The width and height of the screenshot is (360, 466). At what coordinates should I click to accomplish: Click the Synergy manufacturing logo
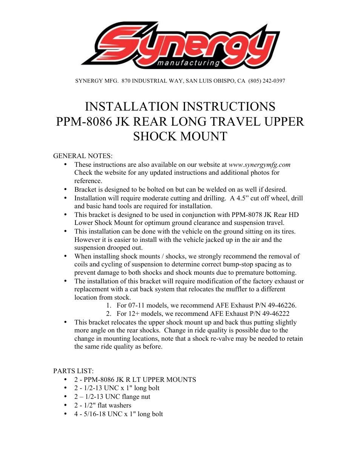click(180, 45)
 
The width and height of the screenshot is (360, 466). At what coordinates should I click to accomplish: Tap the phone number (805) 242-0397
click(266, 81)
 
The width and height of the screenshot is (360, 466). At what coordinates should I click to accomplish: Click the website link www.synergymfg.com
click(259, 165)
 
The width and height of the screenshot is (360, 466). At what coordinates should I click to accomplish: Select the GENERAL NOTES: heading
click(83, 156)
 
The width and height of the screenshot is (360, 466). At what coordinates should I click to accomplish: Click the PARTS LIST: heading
click(73, 371)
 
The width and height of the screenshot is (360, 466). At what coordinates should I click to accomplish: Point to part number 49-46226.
click(282, 305)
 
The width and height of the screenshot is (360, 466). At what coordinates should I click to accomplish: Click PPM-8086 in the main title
click(84, 121)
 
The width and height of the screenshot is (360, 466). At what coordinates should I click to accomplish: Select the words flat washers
click(114, 405)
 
